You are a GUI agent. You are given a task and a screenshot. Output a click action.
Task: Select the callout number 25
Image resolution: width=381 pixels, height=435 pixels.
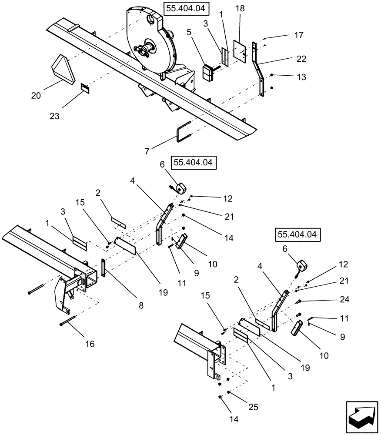(253, 407)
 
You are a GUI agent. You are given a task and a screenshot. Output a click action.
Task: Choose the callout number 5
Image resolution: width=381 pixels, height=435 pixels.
(189, 32)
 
